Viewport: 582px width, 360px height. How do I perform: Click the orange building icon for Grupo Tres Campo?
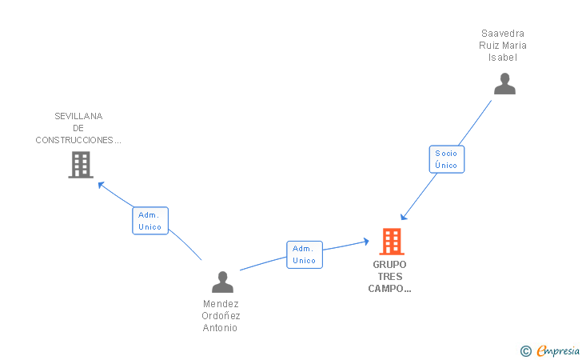[391, 241]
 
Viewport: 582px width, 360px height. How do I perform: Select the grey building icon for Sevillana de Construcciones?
[81, 165]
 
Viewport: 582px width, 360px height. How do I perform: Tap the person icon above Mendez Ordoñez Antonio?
[222, 282]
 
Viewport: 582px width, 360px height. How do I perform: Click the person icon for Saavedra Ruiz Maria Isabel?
[504, 84]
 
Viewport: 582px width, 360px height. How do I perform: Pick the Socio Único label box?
[446, 159]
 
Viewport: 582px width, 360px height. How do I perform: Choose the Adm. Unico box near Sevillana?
[149, 221]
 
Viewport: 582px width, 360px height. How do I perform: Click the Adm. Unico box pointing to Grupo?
[304, 254]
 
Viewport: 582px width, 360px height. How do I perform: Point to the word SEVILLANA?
[78, 116]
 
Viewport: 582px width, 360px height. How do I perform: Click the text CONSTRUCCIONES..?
[78, 140]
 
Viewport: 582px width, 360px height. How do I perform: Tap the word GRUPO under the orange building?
[389, 264]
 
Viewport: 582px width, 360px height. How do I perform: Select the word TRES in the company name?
[389, 277]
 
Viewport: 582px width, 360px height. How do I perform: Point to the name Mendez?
[221, 304]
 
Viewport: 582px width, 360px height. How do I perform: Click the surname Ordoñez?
[221, 316]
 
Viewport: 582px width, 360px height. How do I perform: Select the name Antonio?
[221, 328]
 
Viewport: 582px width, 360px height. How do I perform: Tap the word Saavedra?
[503, 34]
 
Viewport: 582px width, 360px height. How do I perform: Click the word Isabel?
[503, 58]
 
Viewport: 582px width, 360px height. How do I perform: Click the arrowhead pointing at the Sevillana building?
[101, 184]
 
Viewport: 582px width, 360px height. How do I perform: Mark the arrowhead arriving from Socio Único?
[404, 217]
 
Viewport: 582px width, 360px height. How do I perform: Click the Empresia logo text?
[558, 350]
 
